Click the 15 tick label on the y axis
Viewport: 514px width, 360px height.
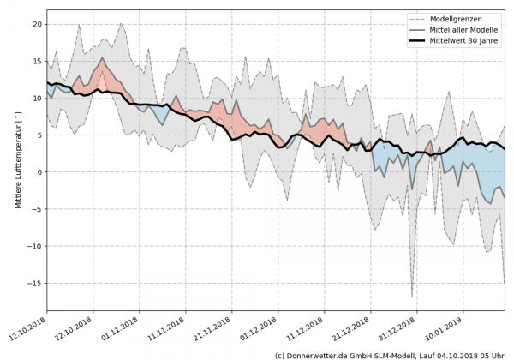point(37,62)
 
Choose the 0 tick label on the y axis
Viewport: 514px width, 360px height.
point(39,172)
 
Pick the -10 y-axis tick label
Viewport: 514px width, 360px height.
point(35,246)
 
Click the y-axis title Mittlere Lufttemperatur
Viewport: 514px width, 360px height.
point(17,171)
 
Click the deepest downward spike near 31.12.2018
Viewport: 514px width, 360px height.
point(412,296)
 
